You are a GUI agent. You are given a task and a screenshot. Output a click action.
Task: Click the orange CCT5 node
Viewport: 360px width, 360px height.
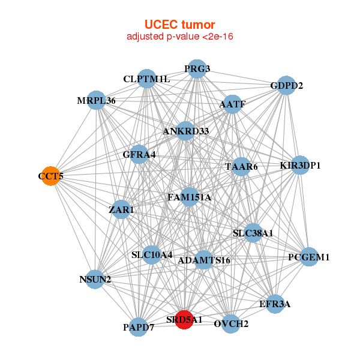click(51, 176)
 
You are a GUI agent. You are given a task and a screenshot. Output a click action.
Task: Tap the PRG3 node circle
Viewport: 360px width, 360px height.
click(197, 69)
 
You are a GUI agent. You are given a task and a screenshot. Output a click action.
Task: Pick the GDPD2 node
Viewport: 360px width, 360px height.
click(286, 86)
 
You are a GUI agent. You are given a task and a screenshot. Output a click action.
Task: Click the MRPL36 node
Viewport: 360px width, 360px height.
click(97, 101)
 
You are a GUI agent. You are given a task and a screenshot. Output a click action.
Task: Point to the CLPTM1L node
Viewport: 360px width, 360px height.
click(147, 79)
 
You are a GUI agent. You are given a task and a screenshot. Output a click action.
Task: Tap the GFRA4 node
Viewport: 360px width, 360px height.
click(139, 155)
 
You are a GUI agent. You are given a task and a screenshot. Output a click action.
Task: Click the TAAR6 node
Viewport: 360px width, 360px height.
click(241, 167)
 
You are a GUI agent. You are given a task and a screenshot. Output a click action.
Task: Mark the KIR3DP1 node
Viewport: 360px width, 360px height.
click(300, 166)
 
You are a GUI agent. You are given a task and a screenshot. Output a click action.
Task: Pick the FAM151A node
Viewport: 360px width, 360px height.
click(190, 197)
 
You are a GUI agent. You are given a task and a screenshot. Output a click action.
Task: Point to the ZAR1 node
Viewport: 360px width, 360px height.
click(122, 210)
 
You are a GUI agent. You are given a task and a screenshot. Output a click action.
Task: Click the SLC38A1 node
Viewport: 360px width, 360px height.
click(253, 233)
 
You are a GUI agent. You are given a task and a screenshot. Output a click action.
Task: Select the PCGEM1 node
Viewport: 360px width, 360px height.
click(308, 257)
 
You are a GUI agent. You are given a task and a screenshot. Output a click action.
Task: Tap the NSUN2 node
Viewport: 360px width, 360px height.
click(95, 279)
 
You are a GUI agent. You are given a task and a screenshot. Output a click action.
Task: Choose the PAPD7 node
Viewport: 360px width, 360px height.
click(139, 327)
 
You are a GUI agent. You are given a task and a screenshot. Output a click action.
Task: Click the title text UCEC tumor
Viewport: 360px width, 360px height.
click(180, 25)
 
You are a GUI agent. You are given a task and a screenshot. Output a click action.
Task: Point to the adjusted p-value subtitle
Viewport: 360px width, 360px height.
click(180, 37)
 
